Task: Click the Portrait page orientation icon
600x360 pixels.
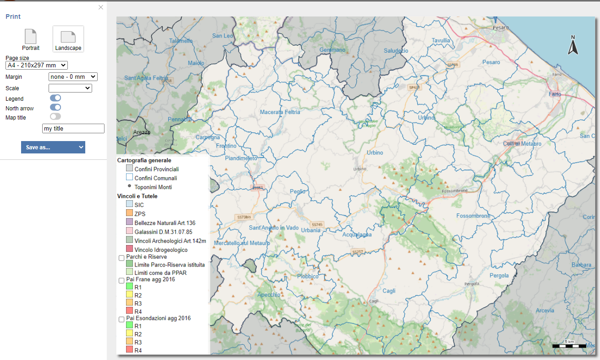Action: pos(31,37)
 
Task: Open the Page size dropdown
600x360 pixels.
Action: pos(37,65)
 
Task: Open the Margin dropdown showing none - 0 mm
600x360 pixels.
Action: pos(73,77)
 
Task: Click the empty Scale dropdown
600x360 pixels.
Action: pos(70,88)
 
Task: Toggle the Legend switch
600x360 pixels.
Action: pos(55,98)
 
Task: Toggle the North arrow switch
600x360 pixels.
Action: pos(55,108)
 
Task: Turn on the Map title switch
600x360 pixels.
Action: pos(55,117)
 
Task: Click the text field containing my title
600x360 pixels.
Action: pos(73,129)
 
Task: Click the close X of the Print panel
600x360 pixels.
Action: pos(101,7)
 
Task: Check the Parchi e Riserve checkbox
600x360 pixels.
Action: pos(121,258)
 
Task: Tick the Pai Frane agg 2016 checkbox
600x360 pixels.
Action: pos(121,280)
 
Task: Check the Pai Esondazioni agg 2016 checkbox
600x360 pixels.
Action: pos(121,319)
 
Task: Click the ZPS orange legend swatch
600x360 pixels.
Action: pos(129,213)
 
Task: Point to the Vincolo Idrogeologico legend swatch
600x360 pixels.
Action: pos(129,249)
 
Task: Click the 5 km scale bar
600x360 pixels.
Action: pos(569,345)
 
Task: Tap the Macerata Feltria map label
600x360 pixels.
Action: pos(280,112)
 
